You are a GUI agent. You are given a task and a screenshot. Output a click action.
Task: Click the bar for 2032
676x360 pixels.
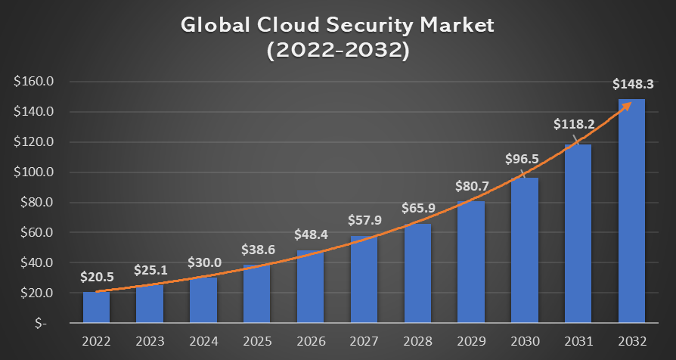click(631, 211)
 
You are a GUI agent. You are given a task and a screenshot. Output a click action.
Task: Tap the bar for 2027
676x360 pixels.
click(364, 279)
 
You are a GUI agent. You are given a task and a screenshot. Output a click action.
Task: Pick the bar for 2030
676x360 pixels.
click(524, 250)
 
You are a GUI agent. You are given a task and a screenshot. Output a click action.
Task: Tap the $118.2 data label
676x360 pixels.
click(578, 123)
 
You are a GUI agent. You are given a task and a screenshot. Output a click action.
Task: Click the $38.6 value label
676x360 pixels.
click(257, 249)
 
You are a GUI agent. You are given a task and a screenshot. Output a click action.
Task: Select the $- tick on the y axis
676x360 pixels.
click(40, 323)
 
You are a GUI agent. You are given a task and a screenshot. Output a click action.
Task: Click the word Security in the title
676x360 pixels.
click(367, 25)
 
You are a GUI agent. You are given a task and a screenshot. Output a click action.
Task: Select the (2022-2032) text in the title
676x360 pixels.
click(338, 51)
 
